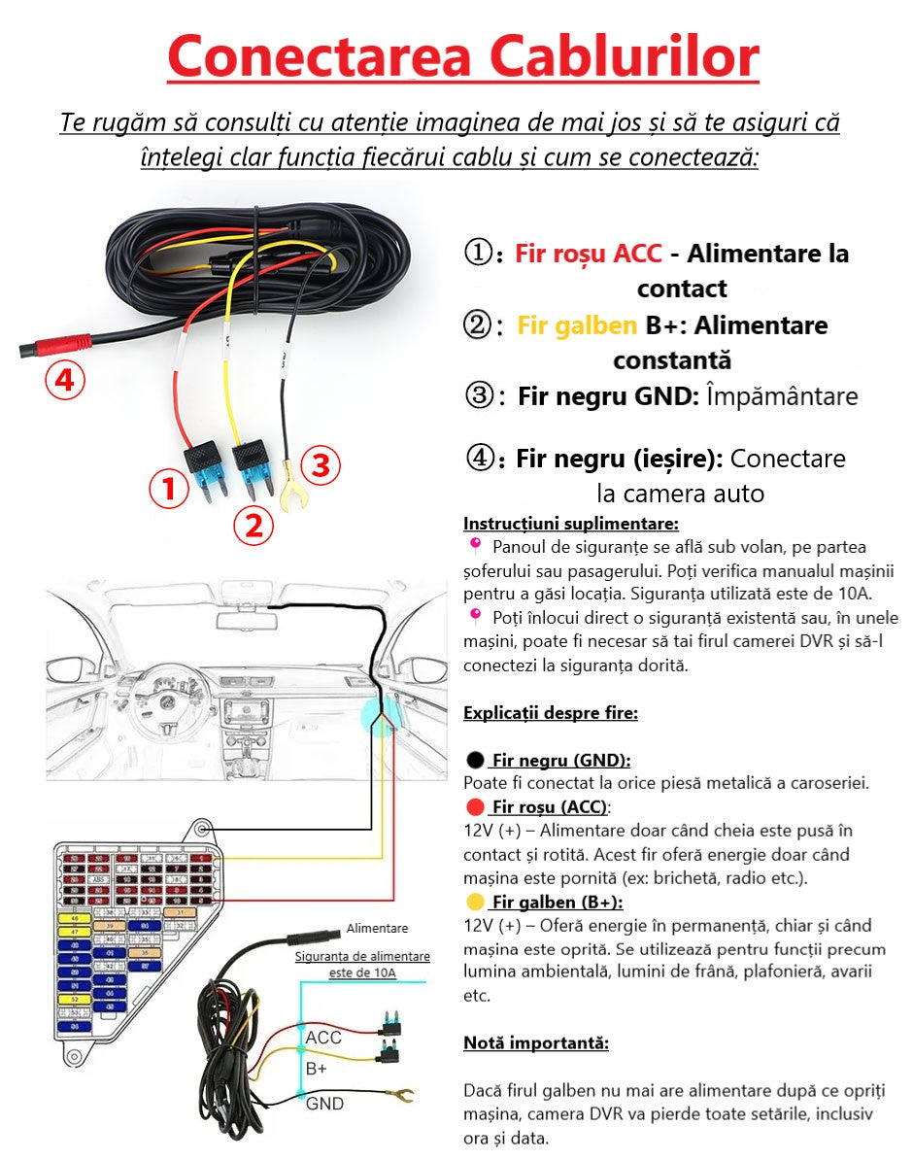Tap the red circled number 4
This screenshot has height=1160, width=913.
[64, 381]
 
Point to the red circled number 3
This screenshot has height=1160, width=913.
[321, 467]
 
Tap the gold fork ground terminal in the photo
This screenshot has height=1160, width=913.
[288, 495]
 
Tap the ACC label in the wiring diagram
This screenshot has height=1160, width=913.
[323, 1038]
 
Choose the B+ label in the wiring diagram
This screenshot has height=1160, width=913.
[317, 1069]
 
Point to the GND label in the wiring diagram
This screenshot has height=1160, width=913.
[324, 1104]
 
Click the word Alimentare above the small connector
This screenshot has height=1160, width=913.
[377, 929]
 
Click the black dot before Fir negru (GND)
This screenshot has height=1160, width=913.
[475, 760]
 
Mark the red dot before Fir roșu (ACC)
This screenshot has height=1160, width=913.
[475, 807]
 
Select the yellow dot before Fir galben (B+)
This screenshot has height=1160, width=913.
[475, 902]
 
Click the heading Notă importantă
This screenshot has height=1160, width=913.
[536, 1043]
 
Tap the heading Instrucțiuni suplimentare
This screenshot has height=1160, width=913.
[571, 524]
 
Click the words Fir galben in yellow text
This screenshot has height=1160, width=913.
[577, 325]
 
